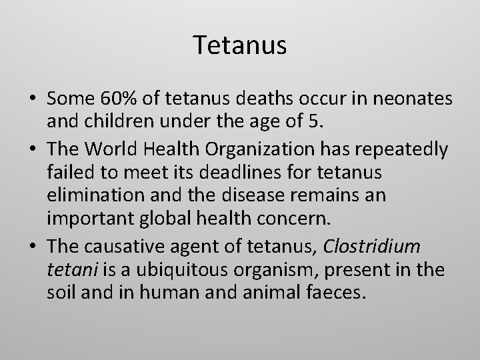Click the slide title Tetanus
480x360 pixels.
[x=240, y=45]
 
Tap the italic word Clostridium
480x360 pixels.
[x=372, y=247]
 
